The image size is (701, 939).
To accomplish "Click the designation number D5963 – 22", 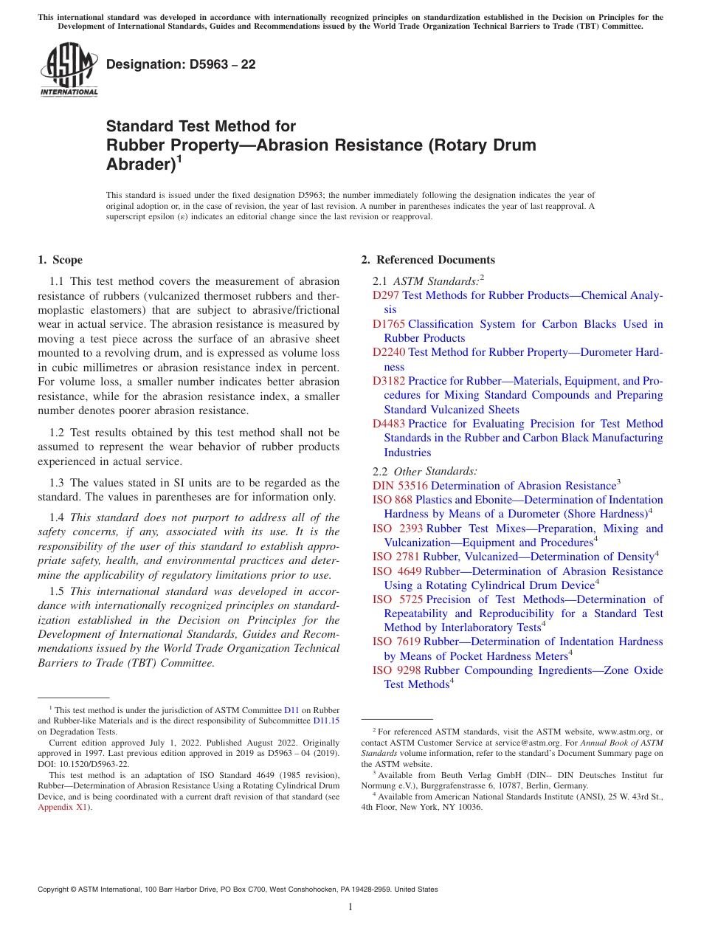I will [181, 64].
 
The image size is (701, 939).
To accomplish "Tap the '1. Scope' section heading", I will [60, 260].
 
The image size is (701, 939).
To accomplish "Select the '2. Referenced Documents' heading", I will [428, 260].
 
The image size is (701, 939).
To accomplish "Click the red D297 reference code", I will [386, 295].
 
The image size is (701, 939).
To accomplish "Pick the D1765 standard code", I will [389, 324].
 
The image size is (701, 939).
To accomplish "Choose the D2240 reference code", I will [389, 353].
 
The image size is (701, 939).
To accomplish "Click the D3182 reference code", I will [389, 381].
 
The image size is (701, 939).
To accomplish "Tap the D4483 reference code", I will [389, 424].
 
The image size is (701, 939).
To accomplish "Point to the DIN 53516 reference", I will [400, 486].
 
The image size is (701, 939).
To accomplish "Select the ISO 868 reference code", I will [392, 500].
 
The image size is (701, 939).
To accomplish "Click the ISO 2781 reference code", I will [396, 557].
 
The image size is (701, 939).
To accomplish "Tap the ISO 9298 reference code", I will [396, 670].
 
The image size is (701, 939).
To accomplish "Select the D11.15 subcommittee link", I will [326, 720].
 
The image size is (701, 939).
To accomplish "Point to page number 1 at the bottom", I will [350, 907].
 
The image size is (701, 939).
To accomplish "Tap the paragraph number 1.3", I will [57, 483].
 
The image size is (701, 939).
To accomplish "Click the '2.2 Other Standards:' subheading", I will [424, 471].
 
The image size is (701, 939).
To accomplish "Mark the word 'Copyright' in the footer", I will [55, 890].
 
